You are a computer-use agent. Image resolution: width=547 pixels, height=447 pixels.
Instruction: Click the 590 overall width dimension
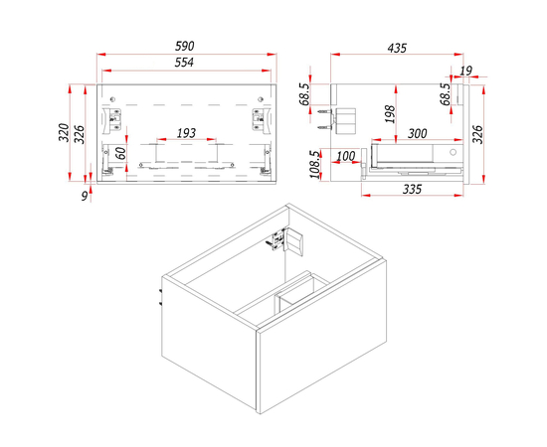point(184,47)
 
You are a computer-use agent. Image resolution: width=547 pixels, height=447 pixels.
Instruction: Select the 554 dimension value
point(184,63)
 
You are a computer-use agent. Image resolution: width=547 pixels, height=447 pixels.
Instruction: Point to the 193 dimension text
point(185,132)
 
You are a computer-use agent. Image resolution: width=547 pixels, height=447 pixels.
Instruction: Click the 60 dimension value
point(120,153)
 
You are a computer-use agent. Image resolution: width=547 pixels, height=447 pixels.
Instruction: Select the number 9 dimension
point(87,196)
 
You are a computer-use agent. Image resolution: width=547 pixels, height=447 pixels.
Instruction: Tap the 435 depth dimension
point(397,48)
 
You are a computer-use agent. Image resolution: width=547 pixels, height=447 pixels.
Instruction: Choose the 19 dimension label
point(466,71)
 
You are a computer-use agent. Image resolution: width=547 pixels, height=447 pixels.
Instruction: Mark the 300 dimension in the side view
point(417,132)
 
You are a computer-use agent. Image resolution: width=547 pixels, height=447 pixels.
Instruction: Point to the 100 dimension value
point(346,156)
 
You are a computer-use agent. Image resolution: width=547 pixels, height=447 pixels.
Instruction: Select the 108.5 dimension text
point(313,165)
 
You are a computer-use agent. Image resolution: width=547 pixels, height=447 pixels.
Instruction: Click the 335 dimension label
point(412,188)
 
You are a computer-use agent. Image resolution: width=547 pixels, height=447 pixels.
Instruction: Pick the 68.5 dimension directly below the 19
point(446,98)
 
